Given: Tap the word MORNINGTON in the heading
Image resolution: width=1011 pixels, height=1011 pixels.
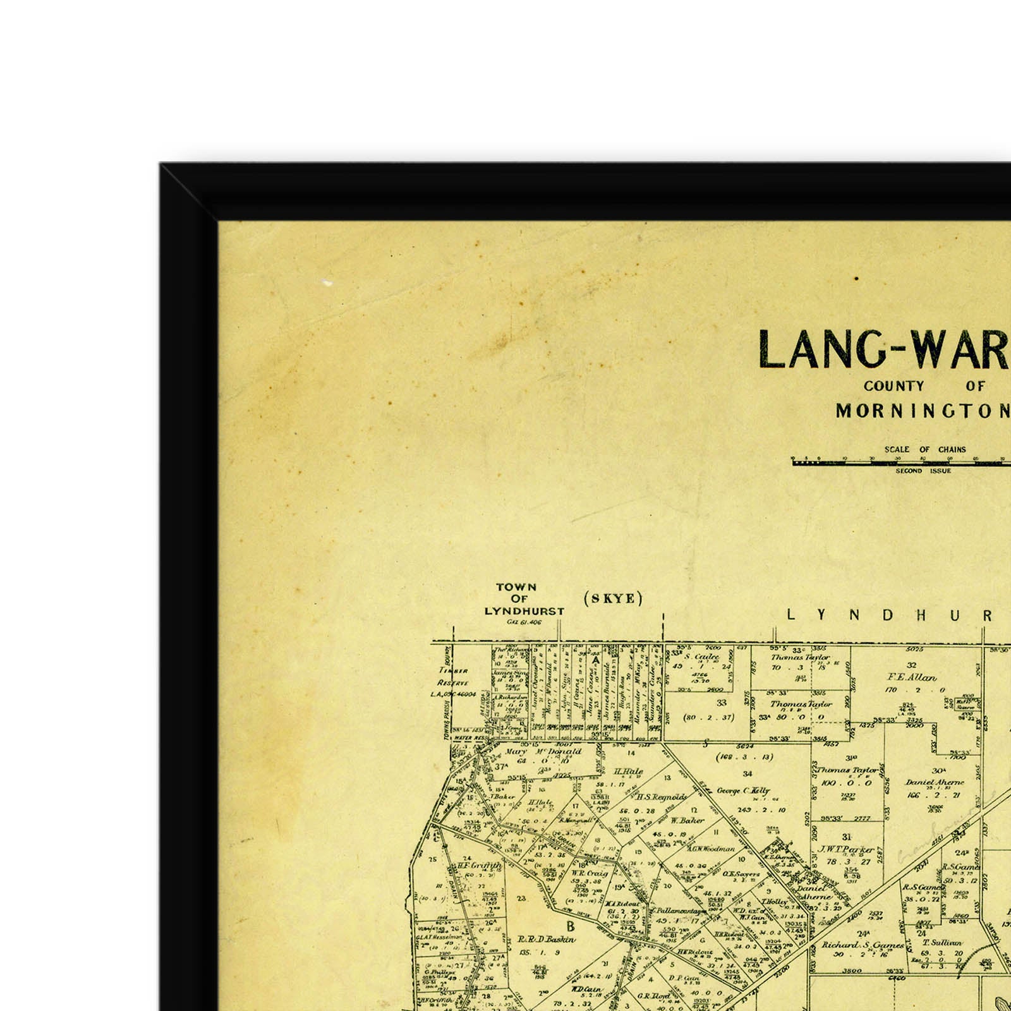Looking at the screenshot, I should point(923,411).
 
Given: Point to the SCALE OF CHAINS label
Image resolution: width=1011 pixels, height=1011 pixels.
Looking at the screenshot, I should point(924,449).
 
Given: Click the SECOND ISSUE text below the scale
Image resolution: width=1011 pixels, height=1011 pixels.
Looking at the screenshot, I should point(923,471).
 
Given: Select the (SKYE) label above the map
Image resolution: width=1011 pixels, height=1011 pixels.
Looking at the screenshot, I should point(613,598).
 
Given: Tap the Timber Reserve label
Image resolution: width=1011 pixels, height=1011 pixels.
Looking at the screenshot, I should point(453,677).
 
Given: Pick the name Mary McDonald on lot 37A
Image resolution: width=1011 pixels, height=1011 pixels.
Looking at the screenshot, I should point(544,752).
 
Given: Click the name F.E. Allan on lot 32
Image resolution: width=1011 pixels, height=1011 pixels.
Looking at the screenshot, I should point(912,677).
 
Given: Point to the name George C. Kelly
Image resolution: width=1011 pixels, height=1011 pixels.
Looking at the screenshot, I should point(743,790).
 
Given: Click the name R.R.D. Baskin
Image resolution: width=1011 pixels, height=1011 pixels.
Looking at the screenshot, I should point(546,939).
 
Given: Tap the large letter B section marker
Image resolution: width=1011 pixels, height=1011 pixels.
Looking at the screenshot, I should point(570,927).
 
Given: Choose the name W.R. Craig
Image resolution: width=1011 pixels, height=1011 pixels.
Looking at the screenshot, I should point(590,873).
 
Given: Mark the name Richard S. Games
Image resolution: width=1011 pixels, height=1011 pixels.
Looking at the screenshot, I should point(863,945).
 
